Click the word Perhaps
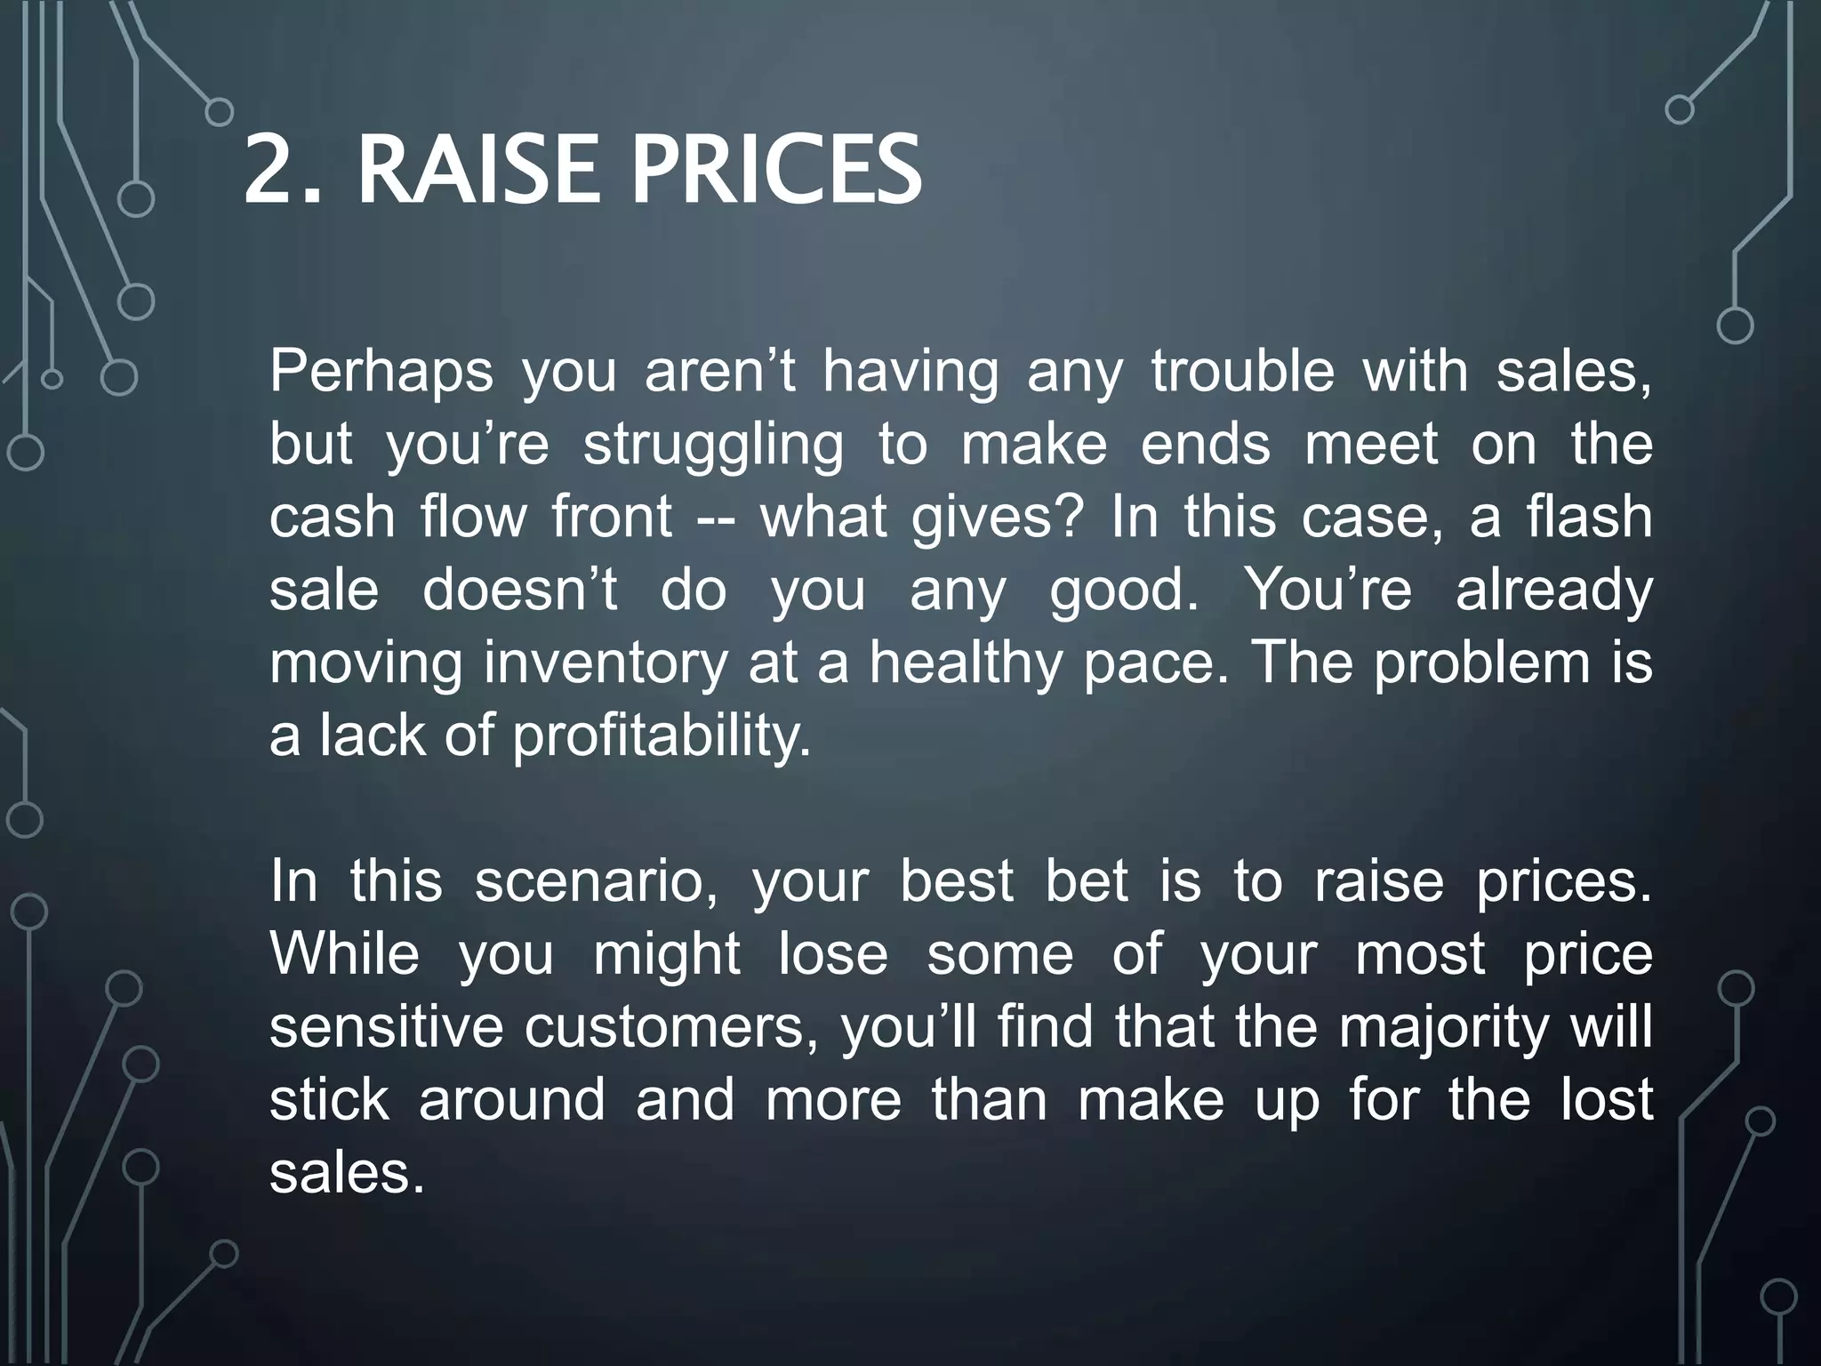381,373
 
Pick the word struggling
713,446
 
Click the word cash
332,518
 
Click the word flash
1590,518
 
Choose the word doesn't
519,591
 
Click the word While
344,955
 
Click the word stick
329,1101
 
